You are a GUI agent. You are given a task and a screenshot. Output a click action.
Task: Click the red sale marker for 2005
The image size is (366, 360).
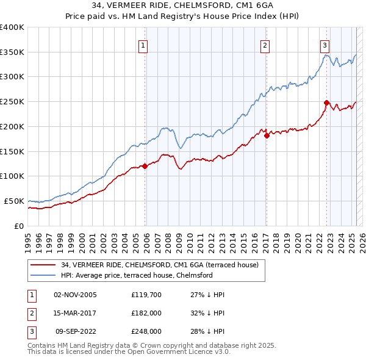tap(145, 166)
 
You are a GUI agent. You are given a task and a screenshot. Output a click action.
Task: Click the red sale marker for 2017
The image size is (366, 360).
tap(267, 135)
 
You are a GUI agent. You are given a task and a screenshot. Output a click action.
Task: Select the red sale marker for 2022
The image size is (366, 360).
tap(326, 103)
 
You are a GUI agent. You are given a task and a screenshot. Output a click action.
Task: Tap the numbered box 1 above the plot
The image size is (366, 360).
tap(143, 45)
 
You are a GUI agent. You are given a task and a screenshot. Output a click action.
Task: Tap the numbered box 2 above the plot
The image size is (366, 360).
tap(265, 45)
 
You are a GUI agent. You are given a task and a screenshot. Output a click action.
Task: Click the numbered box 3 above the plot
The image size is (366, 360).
tap(325, 45)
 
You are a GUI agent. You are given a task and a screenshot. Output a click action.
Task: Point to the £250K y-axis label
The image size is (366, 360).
tap(12, 102)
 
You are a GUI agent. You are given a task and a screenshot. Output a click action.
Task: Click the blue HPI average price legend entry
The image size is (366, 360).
tap(136, 275)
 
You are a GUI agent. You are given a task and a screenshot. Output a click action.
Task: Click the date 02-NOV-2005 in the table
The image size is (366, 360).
tap(76, 295)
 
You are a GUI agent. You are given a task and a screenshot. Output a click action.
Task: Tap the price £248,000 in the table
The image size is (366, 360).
tap(146, 331)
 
